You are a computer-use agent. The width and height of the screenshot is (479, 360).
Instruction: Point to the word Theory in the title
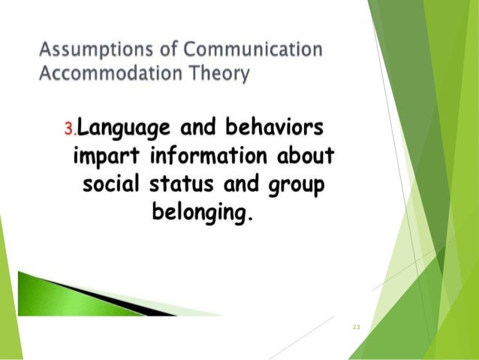coord(224,76)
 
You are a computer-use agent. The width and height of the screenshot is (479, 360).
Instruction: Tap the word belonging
coord(199,213)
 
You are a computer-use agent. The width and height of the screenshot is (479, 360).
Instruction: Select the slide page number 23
coord(356,328)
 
